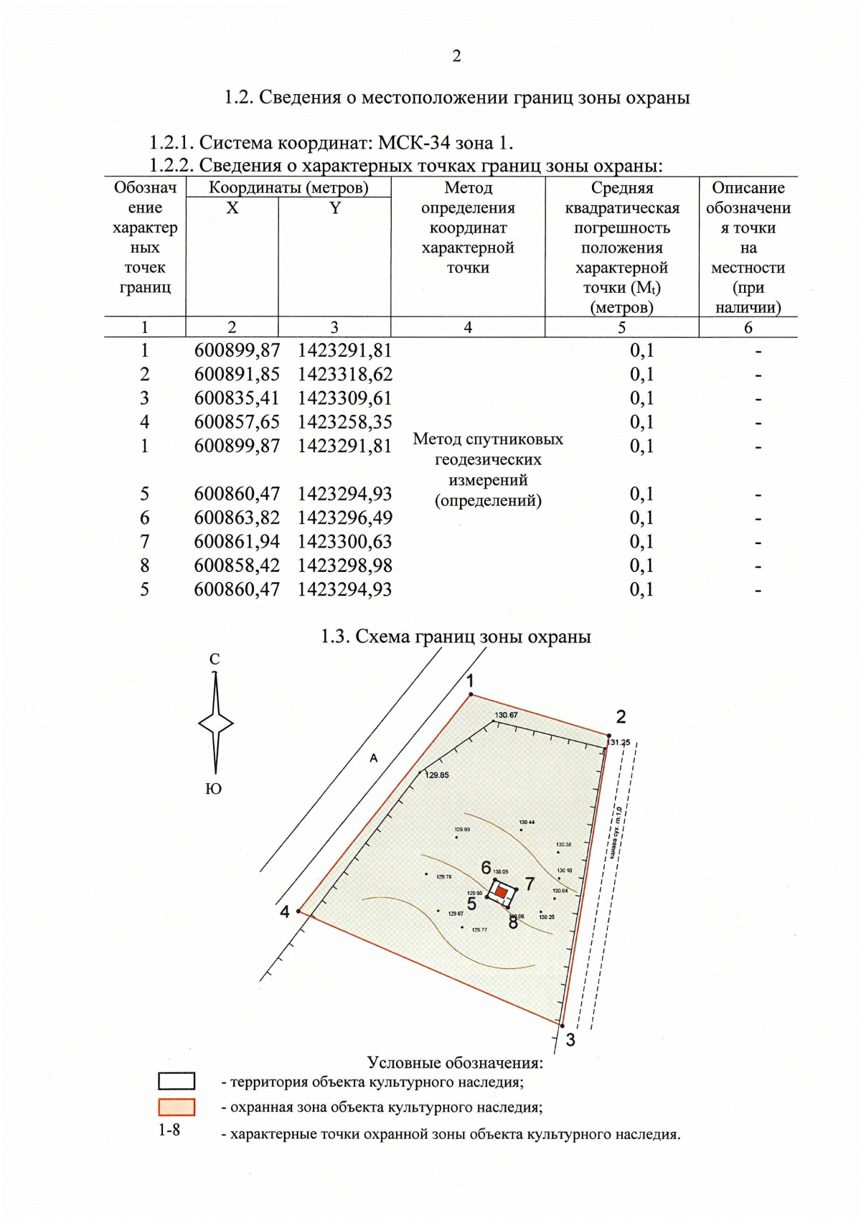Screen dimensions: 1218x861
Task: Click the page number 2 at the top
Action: (x=456, y=56)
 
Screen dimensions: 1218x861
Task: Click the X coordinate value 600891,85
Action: (x=237, y=374)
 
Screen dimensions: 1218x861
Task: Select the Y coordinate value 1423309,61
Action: (x=345, y=398)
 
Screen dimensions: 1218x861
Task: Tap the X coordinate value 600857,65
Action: (x=237, y=421)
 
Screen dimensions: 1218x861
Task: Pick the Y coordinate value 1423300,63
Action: (x=345, y=541)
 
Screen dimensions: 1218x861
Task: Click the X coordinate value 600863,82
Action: (x=237, y=517)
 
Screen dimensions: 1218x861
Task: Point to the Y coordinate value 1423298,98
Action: (x=345, y=565)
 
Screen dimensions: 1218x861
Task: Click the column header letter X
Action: (x=232, y=208)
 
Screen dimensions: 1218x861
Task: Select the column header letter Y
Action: (x=334, y=208)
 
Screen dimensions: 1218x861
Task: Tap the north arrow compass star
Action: (x=215, y=723)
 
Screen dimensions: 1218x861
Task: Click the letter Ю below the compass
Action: (x=214, y=789)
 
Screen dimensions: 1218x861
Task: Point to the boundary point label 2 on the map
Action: (x=621, y=716)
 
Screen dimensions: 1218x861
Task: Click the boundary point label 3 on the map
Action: (x=570, y=1040)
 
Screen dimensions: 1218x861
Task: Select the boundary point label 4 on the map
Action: (x=285, y=912)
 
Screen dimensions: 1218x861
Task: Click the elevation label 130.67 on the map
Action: (x=506, y=715)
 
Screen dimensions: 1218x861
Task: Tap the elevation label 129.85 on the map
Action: (x=437, y=775)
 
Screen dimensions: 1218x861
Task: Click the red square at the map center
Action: (x=502, y=892)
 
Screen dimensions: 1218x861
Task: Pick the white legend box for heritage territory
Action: (x=177, y=1081)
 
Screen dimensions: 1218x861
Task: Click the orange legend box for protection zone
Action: (x=177, y=1107)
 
